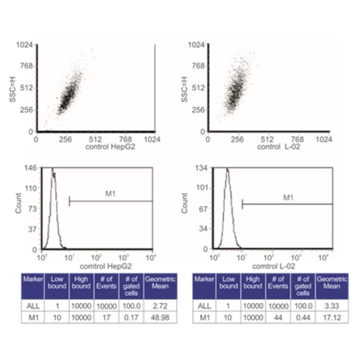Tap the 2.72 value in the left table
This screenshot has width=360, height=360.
coord(160,306)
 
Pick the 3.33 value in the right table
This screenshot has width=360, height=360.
coord(332,306)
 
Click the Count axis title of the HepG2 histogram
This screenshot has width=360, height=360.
coord(18,203)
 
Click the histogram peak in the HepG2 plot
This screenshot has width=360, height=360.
coord(52,169)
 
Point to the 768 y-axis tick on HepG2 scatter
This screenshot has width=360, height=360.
coord(27,66)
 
